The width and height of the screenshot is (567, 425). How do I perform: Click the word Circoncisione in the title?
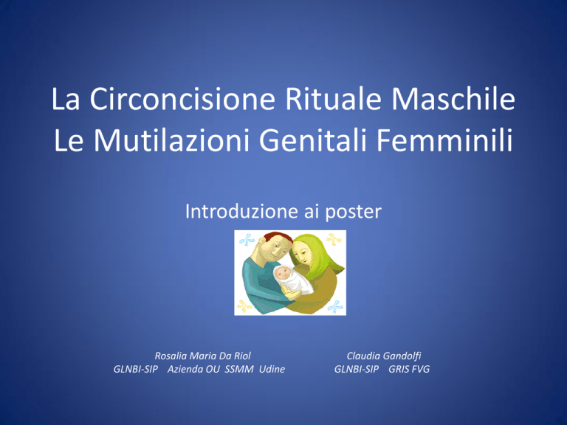tap(182, 99)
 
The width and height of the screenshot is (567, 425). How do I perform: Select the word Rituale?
tap(334, 99)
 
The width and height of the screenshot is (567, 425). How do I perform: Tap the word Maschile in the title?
tap(453, 99)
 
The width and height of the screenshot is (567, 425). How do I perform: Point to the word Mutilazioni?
tap(172, 140)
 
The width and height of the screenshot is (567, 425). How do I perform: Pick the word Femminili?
tap(444, 140)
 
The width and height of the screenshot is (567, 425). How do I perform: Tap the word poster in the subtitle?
tap(354, 212)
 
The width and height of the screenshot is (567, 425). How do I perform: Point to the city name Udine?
tap(272, 369)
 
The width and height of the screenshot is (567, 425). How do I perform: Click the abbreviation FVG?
tap(419, 369)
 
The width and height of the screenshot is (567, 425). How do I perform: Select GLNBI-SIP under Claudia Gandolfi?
tap(357, 369)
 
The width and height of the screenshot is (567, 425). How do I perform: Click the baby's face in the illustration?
tap(283, 274)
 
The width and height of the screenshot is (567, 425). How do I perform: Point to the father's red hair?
tap(278, 237)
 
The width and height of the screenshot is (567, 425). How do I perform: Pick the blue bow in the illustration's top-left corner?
tap(247, 240)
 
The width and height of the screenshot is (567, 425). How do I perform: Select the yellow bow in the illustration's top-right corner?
tap(334, 239)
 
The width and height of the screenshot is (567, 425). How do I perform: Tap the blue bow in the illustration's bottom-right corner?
tap(335, 306)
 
